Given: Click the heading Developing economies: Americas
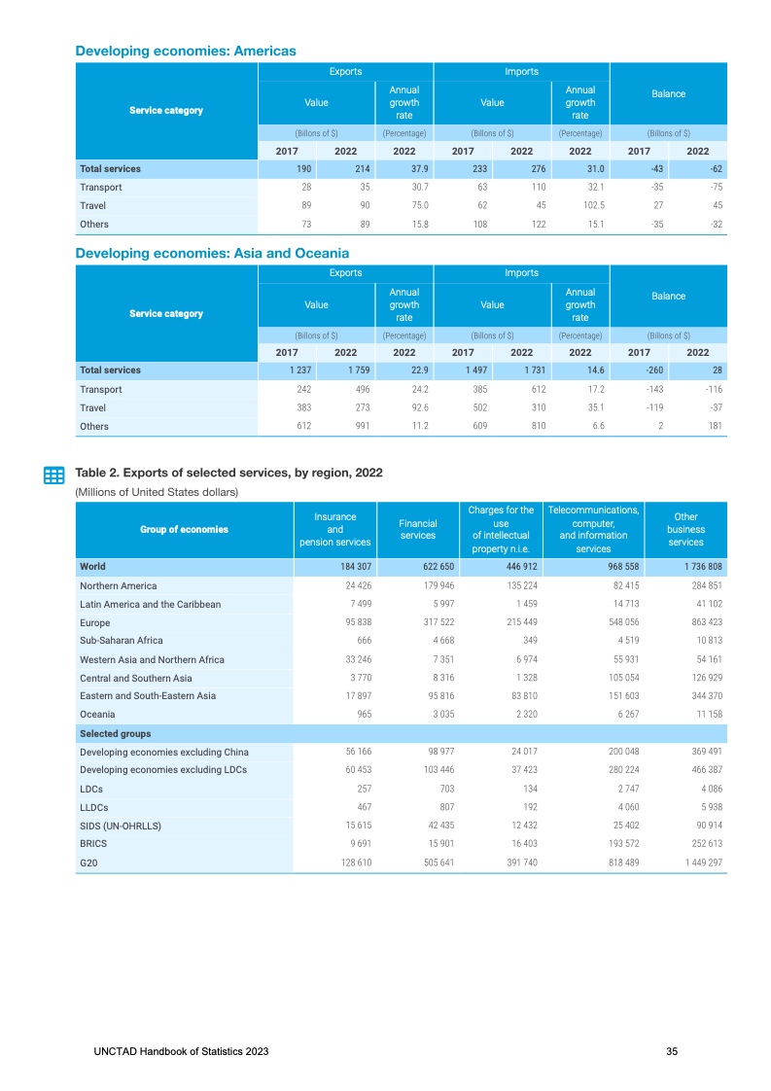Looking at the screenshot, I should (x=186, y=51).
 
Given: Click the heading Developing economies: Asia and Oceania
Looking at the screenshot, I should (x=212, y=253).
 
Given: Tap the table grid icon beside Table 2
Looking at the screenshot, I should (x=54, y=475).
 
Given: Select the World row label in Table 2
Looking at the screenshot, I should (x=93, y=566).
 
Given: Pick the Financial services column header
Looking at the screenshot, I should (x=418, y=529).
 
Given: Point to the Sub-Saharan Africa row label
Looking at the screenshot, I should (x=122, y=641).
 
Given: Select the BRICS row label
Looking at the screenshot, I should (x=93, y=844).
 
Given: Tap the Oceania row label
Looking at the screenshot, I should (x=97, y=715).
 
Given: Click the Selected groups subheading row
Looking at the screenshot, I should (x=116, y=733).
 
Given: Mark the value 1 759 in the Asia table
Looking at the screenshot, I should (x=345, y=370).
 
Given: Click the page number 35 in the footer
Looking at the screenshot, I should (x=672, y=1052).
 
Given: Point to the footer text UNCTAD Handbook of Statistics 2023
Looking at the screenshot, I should (x=182, y=1052).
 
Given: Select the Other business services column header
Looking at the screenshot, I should (x=685, y=529).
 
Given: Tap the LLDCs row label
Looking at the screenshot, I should (x=94, y=807).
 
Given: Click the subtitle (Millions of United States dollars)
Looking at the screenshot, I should (x=158, y=492).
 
